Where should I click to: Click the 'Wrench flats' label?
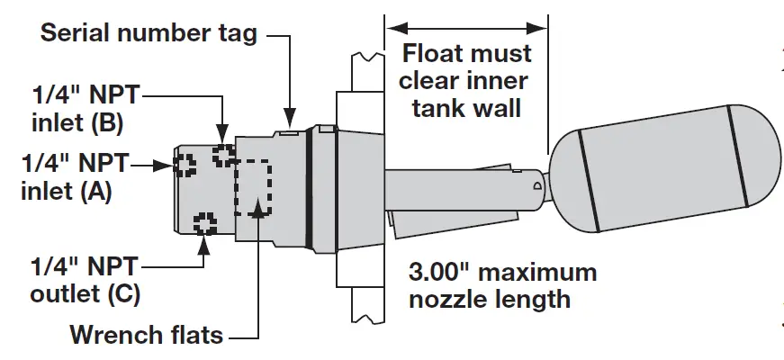click(x=147, y=336)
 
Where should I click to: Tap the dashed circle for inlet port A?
click(x=185, y=165)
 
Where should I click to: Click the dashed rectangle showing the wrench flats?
click(x=252, y=187)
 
